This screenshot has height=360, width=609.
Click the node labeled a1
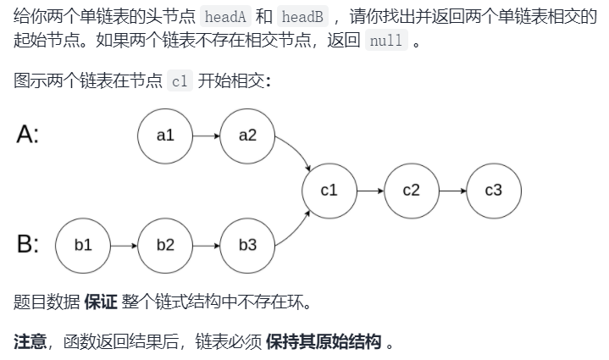pos(164,135)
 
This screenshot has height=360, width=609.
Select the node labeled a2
pos(247,135)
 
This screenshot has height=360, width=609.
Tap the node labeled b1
pos(82,245)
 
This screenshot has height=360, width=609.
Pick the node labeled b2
pos(164,245)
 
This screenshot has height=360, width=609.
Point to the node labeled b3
pos(247,245)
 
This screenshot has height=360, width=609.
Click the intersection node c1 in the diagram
pos(329,191)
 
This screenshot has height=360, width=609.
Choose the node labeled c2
pos(411,191)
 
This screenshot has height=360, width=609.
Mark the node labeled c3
pos(493,191)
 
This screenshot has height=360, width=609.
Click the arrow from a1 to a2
pos(206,135)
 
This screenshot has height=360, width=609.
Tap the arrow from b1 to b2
pos(124,245)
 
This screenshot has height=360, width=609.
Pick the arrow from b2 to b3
pos(206,245)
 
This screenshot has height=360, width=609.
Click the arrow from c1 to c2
pos(370,191)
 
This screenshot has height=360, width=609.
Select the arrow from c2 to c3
pos(452,191)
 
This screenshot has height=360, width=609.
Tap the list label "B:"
pos(27,245)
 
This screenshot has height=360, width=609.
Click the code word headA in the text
pos(226,18)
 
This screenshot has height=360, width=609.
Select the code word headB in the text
pos(299,18)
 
